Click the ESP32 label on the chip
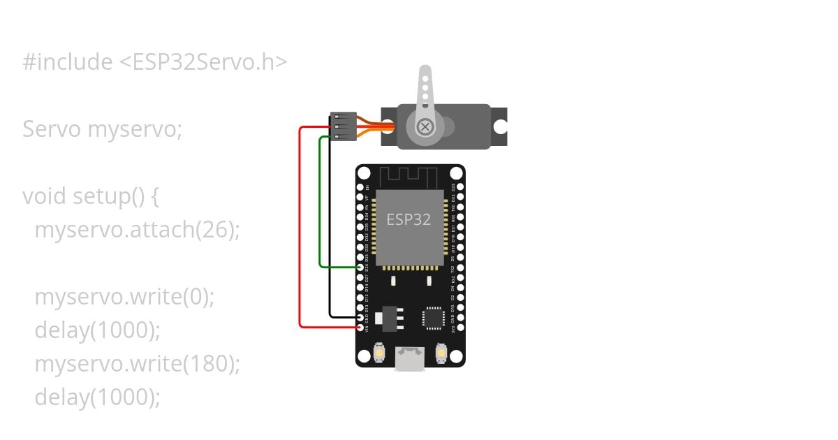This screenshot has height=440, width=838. pyautogui.click(x=409, y=219)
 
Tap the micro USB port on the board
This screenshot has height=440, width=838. pyautogui.click(x=410, y=359)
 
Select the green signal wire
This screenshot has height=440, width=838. pyautogui.click(x=320, y=210)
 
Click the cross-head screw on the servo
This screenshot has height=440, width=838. pyautogui.click(x=424, y=127)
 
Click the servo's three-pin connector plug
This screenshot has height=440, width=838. pyautogui.click(x=343, y=126)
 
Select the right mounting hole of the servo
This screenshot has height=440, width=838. pyautogui.click(x=500, y=127)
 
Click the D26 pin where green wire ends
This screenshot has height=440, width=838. pyautogui.click(x=361, y=267)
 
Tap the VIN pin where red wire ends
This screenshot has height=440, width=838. pyautogui.click(x=361, y=327)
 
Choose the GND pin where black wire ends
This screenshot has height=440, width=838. pyautogui.click(x=361, y=317)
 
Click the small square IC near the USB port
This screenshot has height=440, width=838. pyautogui.click(x=433, y=318)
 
